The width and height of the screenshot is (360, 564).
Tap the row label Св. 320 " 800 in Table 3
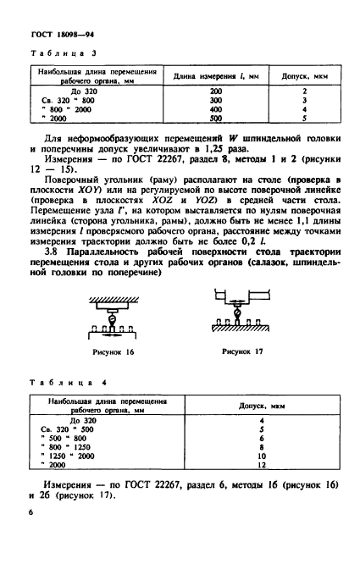(x=70, y=99)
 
